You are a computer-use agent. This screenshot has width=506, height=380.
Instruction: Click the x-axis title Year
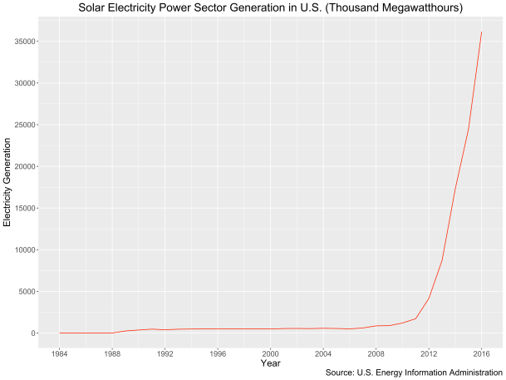pyautogui.click(x=270, y=363)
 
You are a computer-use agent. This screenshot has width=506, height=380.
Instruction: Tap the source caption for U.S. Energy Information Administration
pyautogui.click(x=414, y=373)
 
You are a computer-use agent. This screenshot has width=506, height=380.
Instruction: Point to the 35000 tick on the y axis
pyautogui.click(x=20, y=42)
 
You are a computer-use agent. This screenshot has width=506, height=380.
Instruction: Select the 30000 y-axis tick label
pyautogui.click(x=20, y=83)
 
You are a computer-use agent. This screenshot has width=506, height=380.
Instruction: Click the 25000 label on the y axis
pyautogui.click(x=20, y=125)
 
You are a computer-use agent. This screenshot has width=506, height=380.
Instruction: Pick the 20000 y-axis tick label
pyautogui.click(x=20, y=166)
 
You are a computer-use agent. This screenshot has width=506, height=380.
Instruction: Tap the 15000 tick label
pyautogui.click(x=20, y=208)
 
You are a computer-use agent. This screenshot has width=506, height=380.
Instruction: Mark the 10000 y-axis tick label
pyautogui.click(x=20, y=249)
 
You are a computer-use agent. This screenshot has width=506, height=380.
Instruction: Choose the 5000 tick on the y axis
pyautogui.click(x=22, y=292)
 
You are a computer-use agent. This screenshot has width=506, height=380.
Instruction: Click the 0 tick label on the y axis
pyautogui.click(x=30, y=333)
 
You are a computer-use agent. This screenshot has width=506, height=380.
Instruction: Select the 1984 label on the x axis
pyautogui.click(x=60, y=353)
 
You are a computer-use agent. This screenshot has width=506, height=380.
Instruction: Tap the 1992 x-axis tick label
pyautogui.click(x=165, y=353)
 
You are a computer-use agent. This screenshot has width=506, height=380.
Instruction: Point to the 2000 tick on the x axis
pyautogui.click(x=270, y=353)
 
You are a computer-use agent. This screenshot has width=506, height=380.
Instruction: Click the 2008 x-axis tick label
pyautogui.click(x=376, y=353)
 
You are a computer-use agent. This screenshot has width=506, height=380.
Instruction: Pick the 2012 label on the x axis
pyautogui.click(x=429, y=353)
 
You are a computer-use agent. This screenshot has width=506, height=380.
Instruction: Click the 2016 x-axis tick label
pyautogui.click(x=481, y=353)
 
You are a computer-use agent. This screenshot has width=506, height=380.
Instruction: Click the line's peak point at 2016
pyautogui.click(x=481, y=32)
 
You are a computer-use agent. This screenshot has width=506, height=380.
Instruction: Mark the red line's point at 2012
pyautogui.click(x=429, y=298)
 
